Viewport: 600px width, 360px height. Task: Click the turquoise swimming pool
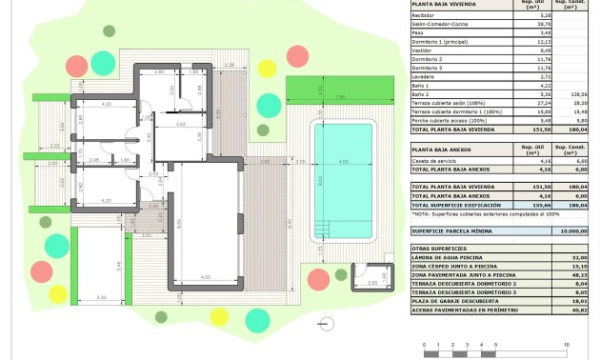click(344, 181)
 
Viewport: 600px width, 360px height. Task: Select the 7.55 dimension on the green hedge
click(339, 97)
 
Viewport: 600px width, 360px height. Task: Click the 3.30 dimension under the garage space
click(102, 298)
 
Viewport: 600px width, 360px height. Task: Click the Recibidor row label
click(425, 15)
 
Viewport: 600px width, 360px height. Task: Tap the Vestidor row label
click(424, 50)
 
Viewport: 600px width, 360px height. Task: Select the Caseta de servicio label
click(436, 161)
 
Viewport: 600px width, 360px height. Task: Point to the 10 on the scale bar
click(566, 345)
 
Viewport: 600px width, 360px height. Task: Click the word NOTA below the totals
click(420, 215)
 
